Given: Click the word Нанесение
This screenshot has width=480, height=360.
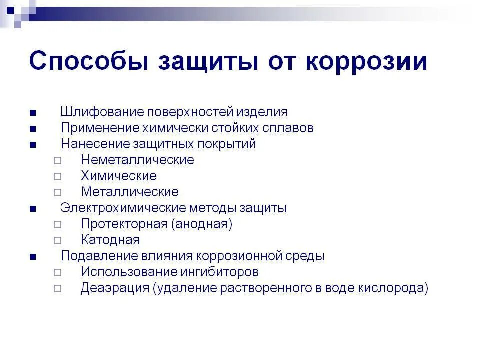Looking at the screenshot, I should point(94,144).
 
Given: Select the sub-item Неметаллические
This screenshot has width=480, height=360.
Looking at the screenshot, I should point(137,160).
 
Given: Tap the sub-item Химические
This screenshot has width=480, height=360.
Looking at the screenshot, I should point(119,176).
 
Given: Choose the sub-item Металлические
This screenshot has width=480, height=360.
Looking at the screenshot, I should point(130,192).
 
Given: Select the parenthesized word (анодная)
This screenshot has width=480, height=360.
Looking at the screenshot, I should point(202,224).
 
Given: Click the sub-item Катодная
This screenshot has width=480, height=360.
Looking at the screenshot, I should point(110,240).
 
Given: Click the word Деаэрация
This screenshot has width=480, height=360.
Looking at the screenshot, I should point(115,288).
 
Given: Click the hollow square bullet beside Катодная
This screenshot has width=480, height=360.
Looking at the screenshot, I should point(58,240).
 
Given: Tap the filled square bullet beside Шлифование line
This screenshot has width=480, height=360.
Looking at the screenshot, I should point(33,112).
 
